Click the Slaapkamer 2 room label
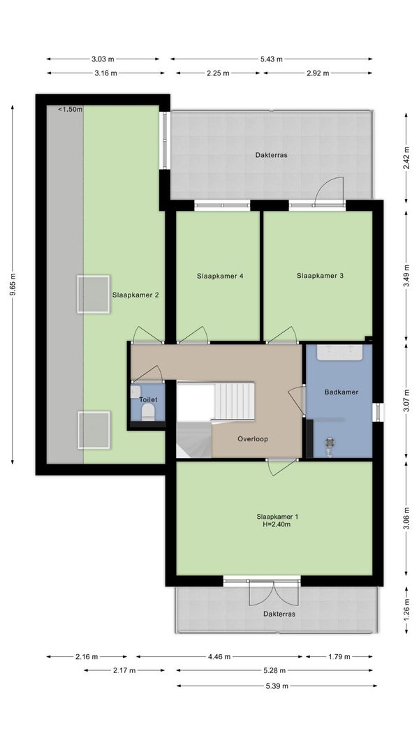135,295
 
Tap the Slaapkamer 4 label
221,276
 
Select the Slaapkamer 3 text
321,276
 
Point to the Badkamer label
341,392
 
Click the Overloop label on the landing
253,439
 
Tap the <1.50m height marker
70,110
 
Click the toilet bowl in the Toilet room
148,411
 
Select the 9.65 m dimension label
13,285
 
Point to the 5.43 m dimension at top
271,59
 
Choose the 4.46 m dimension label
219,656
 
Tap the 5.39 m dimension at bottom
277,686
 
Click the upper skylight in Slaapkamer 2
94,294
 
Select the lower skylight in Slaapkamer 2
94,430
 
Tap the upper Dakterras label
271,155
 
